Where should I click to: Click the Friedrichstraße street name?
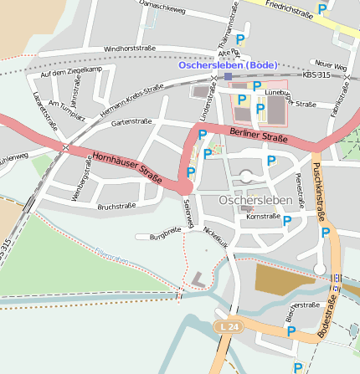click(x=287, y=8)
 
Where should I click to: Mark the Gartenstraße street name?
click(x=131, y=121)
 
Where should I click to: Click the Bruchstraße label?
click(x=116, y=206)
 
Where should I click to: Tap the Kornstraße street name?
click(x=264, y=216)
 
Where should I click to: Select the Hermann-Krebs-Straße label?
click(x=131, y=100)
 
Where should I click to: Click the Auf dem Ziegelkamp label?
click(x=70, y=71)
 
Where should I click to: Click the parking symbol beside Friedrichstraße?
click(x=322, y=10)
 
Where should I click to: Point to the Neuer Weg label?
click(x=328, y=64)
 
